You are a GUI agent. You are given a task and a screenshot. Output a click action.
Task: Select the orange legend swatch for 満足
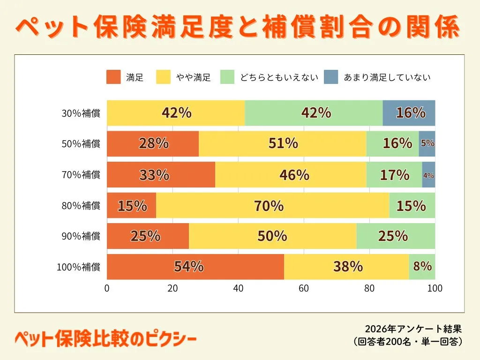point(114,77)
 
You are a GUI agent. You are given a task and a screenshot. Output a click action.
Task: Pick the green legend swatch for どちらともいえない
point(227,77)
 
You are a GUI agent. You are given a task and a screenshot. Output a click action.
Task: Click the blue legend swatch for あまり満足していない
point(331,77)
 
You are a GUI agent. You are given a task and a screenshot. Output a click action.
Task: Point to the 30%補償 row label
point(81,113)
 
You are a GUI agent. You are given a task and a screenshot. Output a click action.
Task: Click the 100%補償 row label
point(78,267)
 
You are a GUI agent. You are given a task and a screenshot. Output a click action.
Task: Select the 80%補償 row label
point(81,206)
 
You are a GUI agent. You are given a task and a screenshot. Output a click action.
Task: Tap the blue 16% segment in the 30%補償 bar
point(409,113)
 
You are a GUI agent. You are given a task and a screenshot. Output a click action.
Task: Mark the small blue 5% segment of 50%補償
point(427,144)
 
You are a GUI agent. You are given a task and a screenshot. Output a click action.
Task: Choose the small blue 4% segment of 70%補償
point(428,175)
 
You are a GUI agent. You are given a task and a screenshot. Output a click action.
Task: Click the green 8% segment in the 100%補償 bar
point(422,267)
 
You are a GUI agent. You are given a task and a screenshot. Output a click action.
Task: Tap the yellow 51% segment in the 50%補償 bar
point(282,144)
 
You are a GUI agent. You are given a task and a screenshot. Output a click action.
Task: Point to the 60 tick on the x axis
point(304,288)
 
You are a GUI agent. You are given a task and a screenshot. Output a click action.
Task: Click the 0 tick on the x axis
point(107,288)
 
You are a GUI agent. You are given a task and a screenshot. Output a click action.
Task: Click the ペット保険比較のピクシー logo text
point(105,339)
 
